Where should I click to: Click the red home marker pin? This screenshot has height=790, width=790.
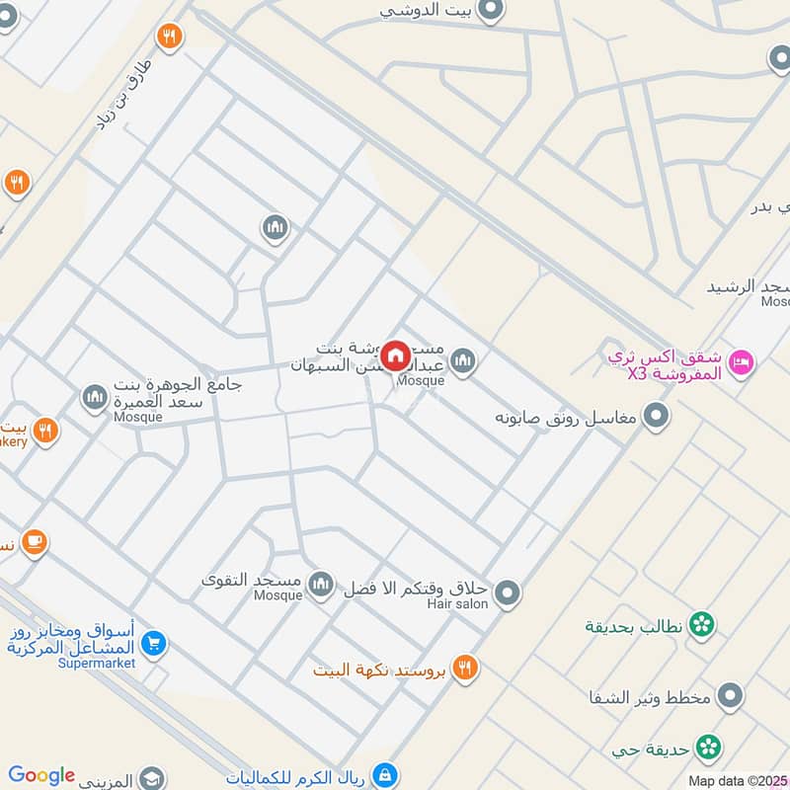395,355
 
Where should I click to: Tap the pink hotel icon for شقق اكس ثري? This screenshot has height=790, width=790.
742,363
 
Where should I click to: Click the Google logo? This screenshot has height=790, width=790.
41,776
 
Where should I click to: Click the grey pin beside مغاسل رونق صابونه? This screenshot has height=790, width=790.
656,418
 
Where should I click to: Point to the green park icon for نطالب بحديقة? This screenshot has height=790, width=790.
702,624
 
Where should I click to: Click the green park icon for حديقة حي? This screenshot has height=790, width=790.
707,748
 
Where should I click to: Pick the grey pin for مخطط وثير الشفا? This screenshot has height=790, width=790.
730,696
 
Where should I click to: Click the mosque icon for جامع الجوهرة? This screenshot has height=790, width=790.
95,398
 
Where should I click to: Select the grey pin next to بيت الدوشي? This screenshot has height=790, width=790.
491,11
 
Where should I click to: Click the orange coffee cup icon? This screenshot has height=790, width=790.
35,542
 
